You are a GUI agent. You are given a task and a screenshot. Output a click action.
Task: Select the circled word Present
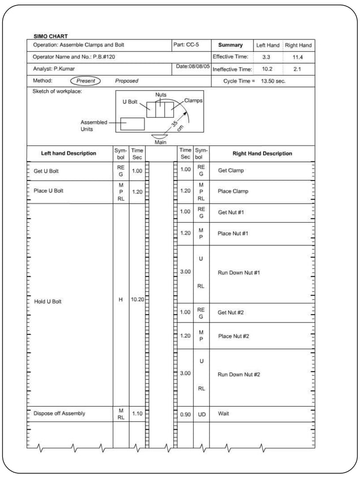point(85,81)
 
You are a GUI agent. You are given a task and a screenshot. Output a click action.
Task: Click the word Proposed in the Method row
point(127,81)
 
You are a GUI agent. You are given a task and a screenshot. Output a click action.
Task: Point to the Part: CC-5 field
point(186,45)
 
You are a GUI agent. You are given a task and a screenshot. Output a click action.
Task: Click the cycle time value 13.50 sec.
point(274,81)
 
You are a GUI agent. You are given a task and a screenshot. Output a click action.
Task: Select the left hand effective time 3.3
point(266,57)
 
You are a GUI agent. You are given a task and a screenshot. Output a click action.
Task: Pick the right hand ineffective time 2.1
point(297,69)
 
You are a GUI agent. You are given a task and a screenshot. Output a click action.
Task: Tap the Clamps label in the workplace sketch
point(193,100)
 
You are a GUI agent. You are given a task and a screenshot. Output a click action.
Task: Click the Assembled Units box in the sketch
point(132,124)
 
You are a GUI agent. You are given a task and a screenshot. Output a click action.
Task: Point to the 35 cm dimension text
point(178,125)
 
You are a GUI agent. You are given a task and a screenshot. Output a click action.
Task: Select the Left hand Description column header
point(69,153)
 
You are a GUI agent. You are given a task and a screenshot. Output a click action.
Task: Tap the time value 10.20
point(137,300)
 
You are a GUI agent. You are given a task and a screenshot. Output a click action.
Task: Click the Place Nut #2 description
point(234,336)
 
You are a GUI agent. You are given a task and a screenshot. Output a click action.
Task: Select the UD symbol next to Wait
point(201,414)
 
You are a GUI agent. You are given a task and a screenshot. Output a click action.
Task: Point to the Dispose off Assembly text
point(59,413)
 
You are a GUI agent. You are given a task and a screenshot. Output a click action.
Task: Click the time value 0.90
point(185,414)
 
